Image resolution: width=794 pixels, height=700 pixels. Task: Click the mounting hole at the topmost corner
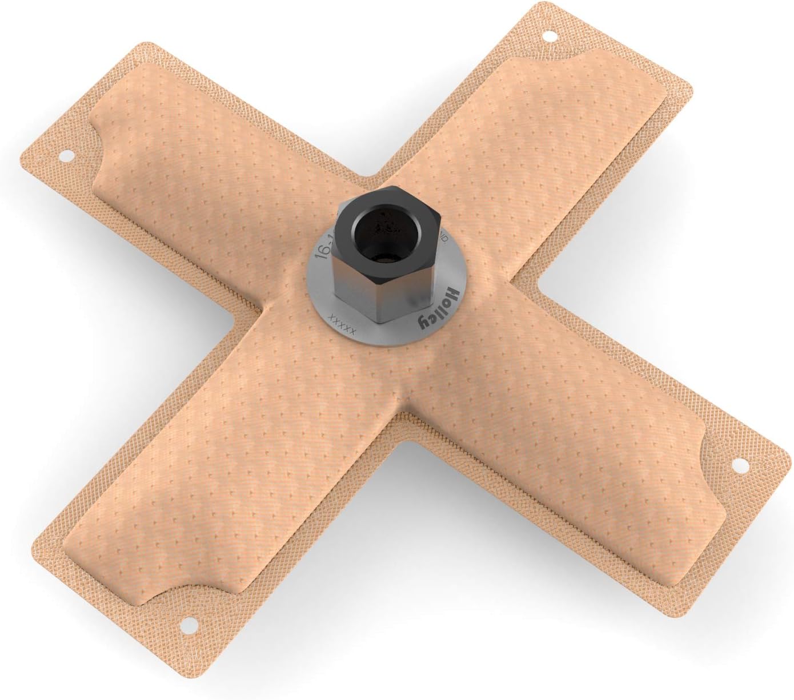[550, 36]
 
